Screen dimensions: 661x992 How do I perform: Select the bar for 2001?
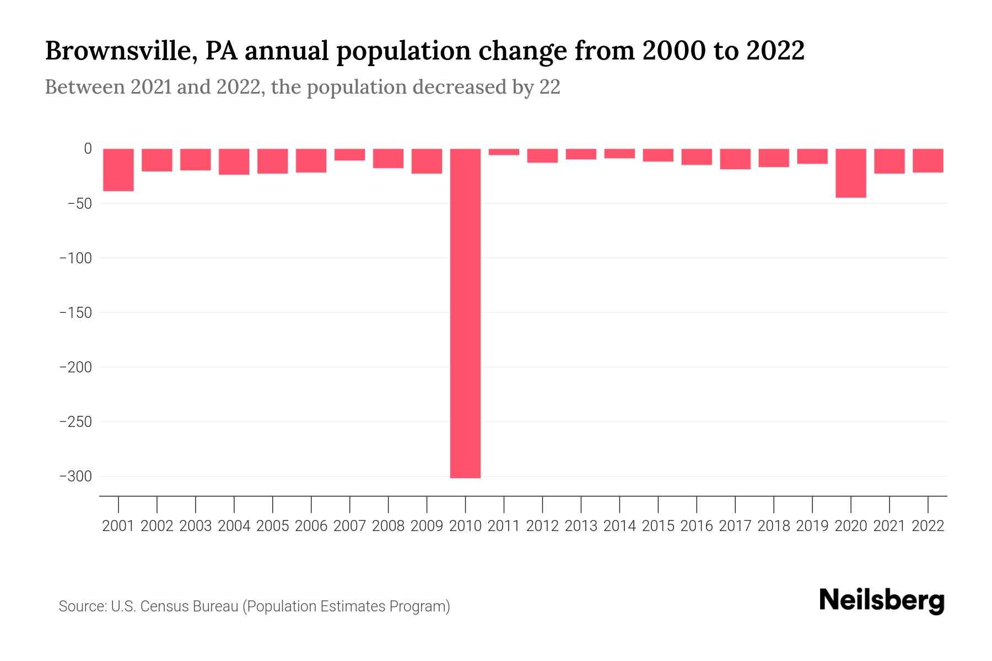[118, 170]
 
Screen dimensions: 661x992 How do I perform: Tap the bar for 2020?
[851, 173]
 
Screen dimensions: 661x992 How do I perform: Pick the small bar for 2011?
[504, 152]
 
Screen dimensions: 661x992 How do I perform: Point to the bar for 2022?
[928, 161]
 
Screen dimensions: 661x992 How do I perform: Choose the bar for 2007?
[349, 155]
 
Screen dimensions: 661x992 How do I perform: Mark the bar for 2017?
[735, 159]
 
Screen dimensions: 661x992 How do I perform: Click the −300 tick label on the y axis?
[76, 476]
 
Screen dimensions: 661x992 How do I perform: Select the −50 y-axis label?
[79, 203]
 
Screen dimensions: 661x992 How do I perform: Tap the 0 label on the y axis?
[88, 149]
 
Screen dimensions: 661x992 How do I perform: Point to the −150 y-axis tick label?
[76, 312]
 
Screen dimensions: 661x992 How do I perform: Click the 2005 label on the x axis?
[273, 526]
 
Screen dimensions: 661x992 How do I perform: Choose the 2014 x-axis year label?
[619, 526]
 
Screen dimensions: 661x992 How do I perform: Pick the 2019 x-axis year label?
[812, 526]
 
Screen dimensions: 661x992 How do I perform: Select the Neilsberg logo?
[882, 601]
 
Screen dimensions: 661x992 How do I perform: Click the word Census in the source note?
[162, 606]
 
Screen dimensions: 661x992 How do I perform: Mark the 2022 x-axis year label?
[928, 526]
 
